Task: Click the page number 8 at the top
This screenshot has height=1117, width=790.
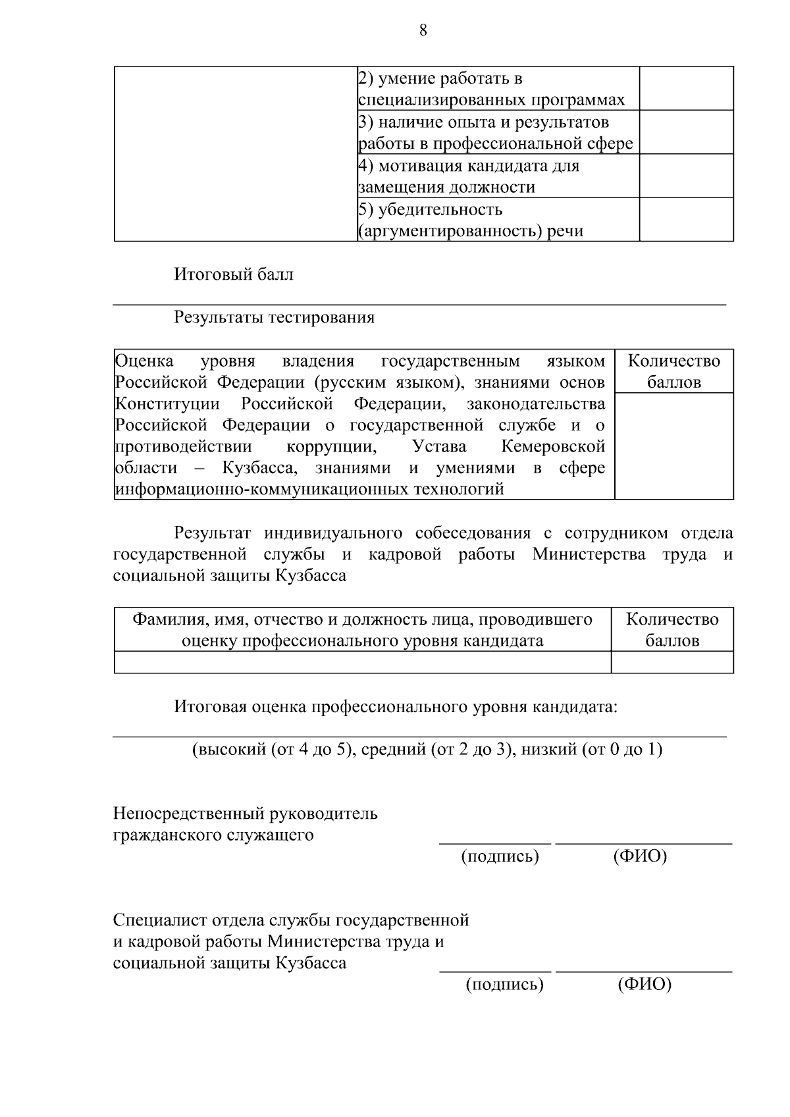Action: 423,30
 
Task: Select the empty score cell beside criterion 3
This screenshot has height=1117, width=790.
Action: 686,132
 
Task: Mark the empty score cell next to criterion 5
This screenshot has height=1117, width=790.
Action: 686,220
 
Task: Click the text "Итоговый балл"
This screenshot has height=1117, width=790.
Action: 234,274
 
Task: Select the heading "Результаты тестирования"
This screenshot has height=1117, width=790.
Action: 274,317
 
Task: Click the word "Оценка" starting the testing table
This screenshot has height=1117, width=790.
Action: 144,361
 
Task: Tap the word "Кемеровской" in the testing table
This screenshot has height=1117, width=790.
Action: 553,446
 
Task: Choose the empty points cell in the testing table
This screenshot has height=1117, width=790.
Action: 673,446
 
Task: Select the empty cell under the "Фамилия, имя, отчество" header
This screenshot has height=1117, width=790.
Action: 362,662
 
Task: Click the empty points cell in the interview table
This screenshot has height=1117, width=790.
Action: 672,662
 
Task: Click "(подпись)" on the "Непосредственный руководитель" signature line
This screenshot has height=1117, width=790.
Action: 500,856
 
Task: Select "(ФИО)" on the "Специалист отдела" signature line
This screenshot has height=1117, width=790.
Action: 645,985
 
